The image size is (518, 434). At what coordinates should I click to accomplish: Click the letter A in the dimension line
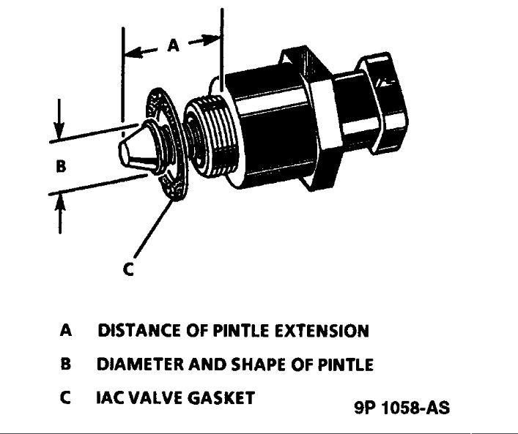[173, 45]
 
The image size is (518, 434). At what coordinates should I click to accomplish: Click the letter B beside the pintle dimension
[62, 166]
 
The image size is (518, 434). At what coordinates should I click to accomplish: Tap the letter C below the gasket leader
[128, 270]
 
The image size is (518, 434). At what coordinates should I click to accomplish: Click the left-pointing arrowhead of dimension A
[130, 53]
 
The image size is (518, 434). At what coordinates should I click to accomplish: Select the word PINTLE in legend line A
[240, 331]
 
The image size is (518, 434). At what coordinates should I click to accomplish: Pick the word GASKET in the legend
[221, 398]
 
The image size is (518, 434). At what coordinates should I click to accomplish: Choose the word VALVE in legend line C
[155, 398]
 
